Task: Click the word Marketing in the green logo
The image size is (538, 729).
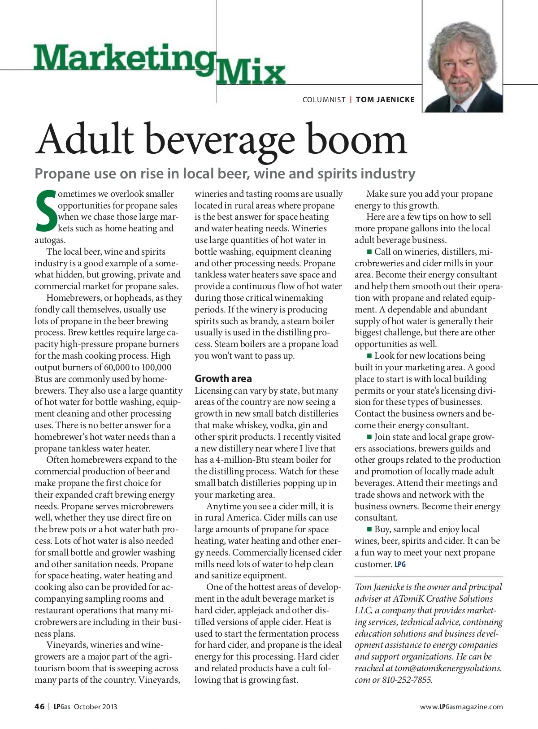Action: point(123,58)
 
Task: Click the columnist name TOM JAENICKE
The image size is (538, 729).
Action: point(385,100)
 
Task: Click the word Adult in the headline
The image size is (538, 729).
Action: point(85,139)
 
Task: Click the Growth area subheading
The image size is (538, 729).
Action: point(223,378)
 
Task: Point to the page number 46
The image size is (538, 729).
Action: point(39,707)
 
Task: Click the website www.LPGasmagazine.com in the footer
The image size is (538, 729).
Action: point(461,707)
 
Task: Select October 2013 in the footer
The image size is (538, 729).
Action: point(95,707)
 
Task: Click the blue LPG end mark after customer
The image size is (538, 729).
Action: point(400,564)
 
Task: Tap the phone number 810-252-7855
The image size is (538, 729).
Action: point(406,680)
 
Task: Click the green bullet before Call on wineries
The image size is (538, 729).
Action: point(369,252)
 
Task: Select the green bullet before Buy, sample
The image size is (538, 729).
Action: point(369,529)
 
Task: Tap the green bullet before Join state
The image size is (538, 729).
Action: point(369,437)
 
